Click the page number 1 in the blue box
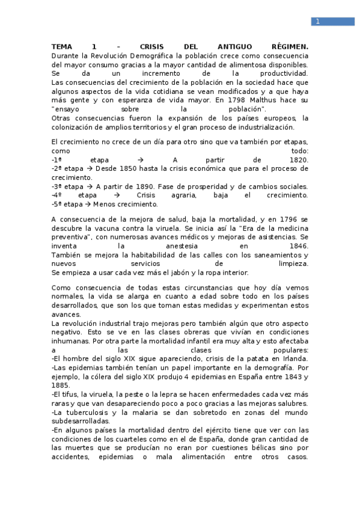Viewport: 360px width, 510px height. coord(317,22)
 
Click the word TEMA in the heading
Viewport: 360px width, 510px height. coord(61,46)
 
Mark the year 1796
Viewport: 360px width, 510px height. coord(285,220)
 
